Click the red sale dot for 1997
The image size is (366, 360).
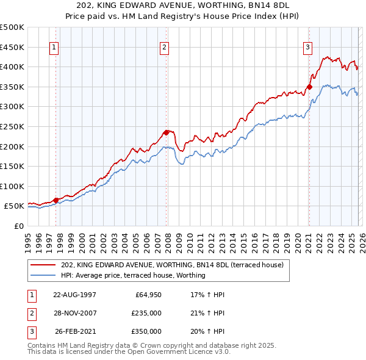click(x=56, y=200)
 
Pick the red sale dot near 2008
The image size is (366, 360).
click(x=166, y=132)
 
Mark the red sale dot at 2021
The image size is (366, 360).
click(x=309, y=87)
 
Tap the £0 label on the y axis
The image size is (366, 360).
click(x=18, y=226)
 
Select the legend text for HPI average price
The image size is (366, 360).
click(x=134, y=275)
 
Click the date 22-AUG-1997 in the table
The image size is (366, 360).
click(x=74, y=295)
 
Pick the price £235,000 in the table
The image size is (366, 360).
click(x=146, y=313)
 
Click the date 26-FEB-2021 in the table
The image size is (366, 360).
click(x=76, y=331)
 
